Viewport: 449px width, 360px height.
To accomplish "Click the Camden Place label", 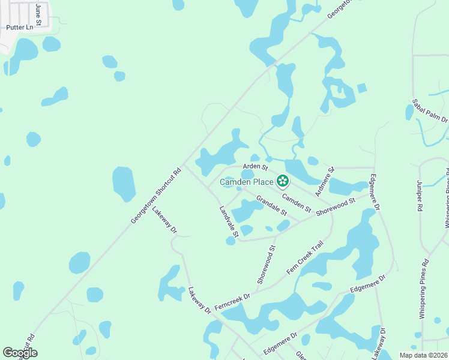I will (x=247, y=181).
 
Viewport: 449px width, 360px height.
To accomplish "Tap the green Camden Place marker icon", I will (x=282, y=181).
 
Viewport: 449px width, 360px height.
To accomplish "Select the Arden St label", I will (x=255, y=166).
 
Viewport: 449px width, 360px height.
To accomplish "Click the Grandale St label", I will (x=272, y=205).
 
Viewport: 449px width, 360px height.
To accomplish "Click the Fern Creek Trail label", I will (x=305, y=257).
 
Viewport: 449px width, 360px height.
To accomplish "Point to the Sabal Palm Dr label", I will (x=430, y=112).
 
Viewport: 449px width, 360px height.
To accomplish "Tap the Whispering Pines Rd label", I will (x=423, y=289).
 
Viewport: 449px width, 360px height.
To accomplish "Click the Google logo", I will (x=20, y=353).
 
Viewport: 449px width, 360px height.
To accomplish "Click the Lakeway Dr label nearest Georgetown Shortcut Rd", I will (x=164, y=220).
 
